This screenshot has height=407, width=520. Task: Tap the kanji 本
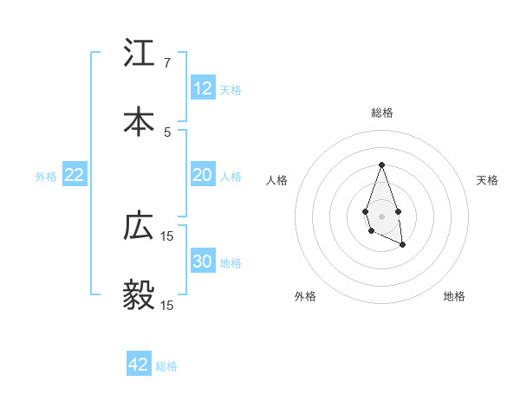pyautogui.click(x=140, y=120)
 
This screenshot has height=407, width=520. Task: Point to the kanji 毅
pyautogui.click(x=140, y=294)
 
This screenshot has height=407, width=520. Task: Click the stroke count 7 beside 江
pyautogui.click(x=167, y=64)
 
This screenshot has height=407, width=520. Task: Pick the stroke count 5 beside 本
pyautogui.click(x=167, y=132)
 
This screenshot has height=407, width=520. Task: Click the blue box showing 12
pyautogui.click(x=203, y=88)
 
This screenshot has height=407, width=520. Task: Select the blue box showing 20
pyautogui.click(x=203, y=175)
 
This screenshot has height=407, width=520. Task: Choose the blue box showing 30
pyautogui.click(x=203, y=262)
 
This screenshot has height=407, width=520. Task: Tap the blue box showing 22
pyautogui.click(x=75, y=175)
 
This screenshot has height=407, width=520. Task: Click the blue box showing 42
pyautogui.click(x=139, y=365)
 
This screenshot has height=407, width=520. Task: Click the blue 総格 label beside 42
pyautogui.click(x=166, y=366)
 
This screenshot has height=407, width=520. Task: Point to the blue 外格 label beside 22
pyautogui.click(x=46, y=177)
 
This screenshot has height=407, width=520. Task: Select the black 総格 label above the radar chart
pyautogui.click(x=381, y=113)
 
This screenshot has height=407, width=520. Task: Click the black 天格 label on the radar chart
pyautogui.click(x=487, y=180)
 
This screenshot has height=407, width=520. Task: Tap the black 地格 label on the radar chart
pyautogui.click(x=454, y=296)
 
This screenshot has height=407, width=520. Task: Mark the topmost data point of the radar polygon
pyautogui.click(x=381, y=165)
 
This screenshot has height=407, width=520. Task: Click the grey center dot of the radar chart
pyautogui.click(x=381, y=215)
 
